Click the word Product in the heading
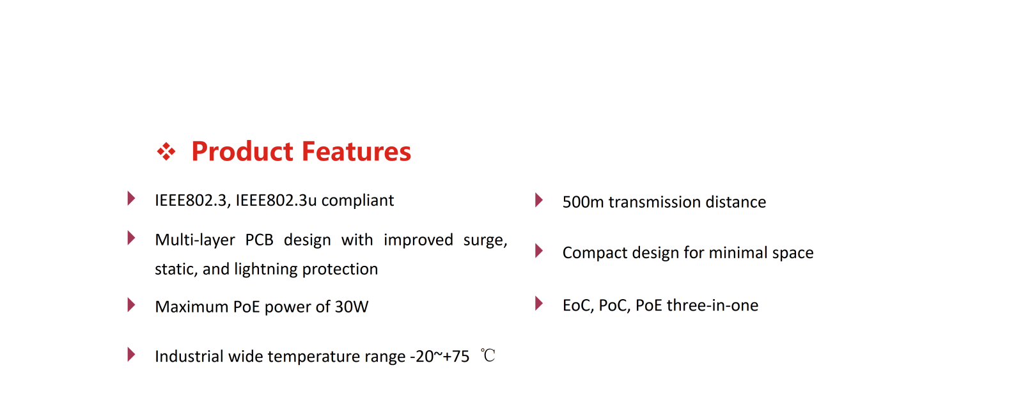(x=242, y=152)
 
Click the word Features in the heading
(x=356, y=151)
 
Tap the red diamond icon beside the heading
(x=166, y=151)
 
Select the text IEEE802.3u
(x=276, y=200)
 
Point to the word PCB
(x=259, y=240)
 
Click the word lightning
(x=266, y=270)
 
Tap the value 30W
(x=351, y=307)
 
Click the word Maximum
(x=191, y=307)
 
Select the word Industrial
(x=189, y=357)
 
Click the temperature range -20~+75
(x=439, y=357)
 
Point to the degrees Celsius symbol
(x=488, y=355)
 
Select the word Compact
(x=595, y=253)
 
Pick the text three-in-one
(x=712, y=305)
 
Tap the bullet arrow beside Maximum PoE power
(x=131, y=305)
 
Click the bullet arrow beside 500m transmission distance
(x=539, y=200)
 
